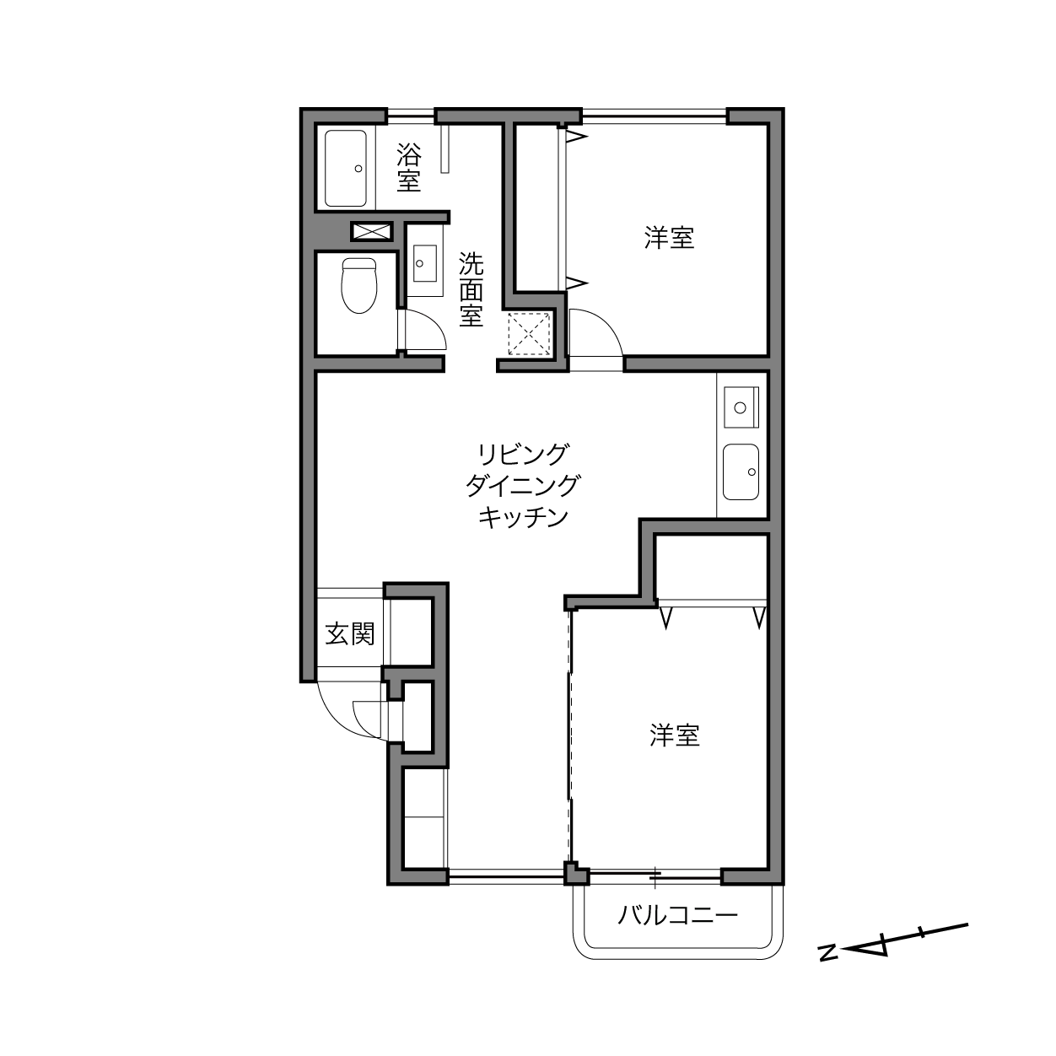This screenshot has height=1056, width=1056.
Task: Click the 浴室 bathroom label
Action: pyautogui.click(x=409, y=167)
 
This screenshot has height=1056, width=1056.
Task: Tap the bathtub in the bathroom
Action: pyautogui.click(x=345, y=168)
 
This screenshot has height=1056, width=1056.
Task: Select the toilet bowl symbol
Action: pyautogui.click(x=359, y=286)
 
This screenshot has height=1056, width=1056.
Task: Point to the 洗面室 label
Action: pyautogui.click(x=471, y=288)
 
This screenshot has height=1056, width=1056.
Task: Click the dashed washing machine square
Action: pyautogui.click(x=529, y=333)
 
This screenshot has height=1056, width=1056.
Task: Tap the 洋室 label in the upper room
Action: pyautogui.click(x=669, y=239)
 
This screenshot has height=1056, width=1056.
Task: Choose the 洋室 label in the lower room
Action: pyautogui.click(x=675, y=735)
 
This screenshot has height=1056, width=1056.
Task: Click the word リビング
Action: pyautogui.click(x=522, y=454)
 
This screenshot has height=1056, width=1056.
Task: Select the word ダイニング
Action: pyautogui.click(x=522, y=486)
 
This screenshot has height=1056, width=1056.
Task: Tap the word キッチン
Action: pyautogui.click(x=522, y=517)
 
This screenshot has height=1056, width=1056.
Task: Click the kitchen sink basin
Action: pyautogui.click(x=741, y=471)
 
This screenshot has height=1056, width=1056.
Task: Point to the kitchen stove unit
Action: pyautogui.click(x=741, y=407)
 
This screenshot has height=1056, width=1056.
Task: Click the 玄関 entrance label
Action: pyautogui.click(x=350, y=634)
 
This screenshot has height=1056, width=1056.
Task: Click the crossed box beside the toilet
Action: pyautogui.click(x=372, y=231)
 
